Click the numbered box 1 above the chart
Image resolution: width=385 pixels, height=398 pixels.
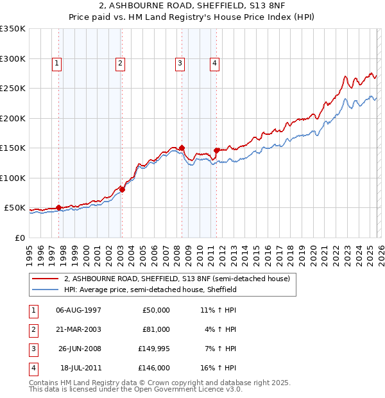click(58, 63)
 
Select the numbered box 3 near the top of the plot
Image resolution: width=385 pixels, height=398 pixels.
click(180, 63)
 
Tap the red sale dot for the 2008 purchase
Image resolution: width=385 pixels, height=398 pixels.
click(182, 148)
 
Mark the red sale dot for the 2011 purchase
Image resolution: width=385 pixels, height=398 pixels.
click(216, 150)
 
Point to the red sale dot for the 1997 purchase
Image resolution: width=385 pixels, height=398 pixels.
click(58, 207)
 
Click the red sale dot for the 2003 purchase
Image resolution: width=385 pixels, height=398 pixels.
click(122, 189)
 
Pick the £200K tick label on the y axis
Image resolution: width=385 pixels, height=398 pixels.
click(12, 118)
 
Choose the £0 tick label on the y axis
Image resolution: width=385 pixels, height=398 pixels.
click(19, 238)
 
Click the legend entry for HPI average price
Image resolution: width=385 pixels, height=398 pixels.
click(150, 290)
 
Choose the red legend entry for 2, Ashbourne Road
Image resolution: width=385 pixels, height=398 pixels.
click(177, 279)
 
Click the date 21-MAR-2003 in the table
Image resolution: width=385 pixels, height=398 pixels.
click(78, 329)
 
